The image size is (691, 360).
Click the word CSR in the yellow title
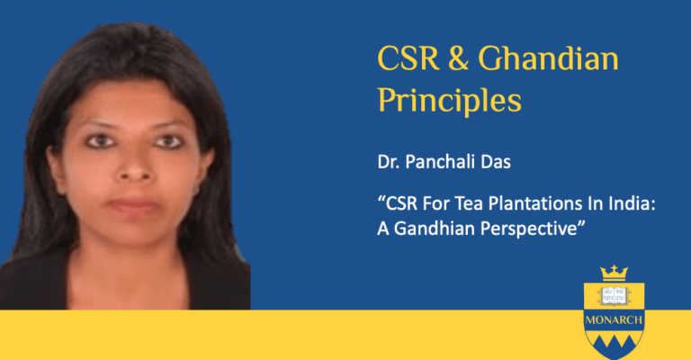click(x=408, y=58)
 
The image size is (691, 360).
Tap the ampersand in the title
click(x=459, y=58)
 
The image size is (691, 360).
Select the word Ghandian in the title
click(x=549, y=58)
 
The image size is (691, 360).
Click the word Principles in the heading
click(x=450, y=102)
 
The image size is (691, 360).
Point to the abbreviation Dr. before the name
click(x=388, y=162)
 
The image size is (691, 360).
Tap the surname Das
click(x=499, y=162)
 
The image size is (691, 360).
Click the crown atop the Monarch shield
click(x=614, y=274)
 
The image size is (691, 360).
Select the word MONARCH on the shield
click(x=614, y=320)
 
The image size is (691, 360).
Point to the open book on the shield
click(x=614, y=296)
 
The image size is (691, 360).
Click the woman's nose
click(x=134, y=166)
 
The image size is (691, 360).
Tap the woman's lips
click(x=133, y=205)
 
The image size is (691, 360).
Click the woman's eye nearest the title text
click(x=168, y=141)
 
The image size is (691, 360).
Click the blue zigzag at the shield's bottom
click(x=614, y=345)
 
